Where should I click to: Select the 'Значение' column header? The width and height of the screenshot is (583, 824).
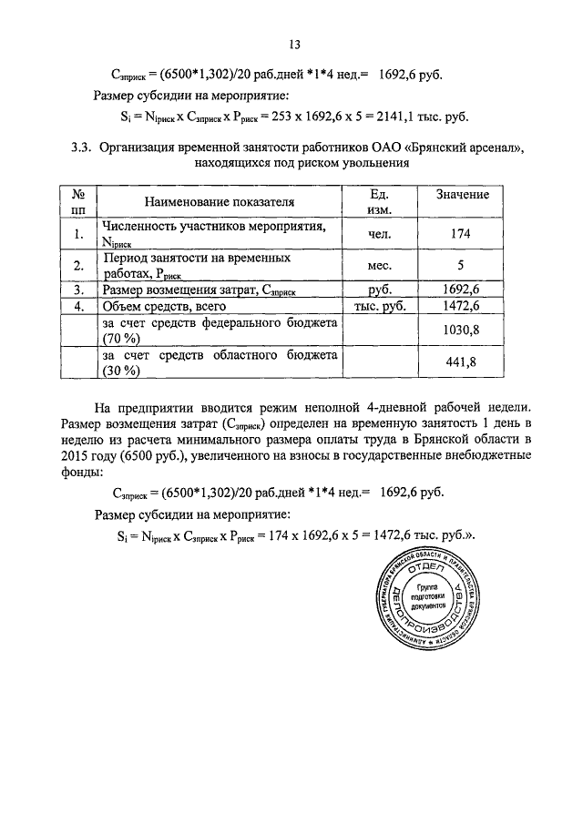[462, 195]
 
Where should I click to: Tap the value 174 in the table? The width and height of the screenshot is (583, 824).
[460, 234]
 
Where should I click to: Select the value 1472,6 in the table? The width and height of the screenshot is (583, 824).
[460, 306]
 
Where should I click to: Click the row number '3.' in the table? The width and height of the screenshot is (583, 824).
[78, 290]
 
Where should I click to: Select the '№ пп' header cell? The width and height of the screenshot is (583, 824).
[78, 202]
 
